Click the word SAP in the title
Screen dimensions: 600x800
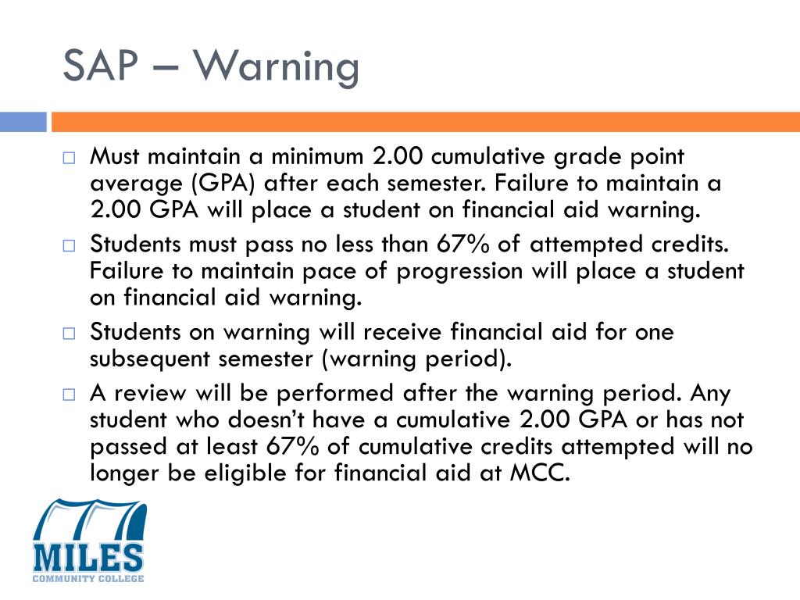click(x=108, y=66)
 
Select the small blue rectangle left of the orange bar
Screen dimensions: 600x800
click(x=23, y=122)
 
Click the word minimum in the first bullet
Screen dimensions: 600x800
click(x=312, y=156)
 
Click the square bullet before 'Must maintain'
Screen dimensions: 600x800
click(x=69, y=158)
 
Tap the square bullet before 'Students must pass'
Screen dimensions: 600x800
click(x=69, y=245)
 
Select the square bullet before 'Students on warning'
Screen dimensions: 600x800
click(x=69, y=333)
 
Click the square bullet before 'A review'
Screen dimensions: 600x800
click(x=69, y=392)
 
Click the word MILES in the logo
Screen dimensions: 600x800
click(x=88, y=555)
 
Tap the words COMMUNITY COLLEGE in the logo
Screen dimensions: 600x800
click(x=88, y=579)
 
